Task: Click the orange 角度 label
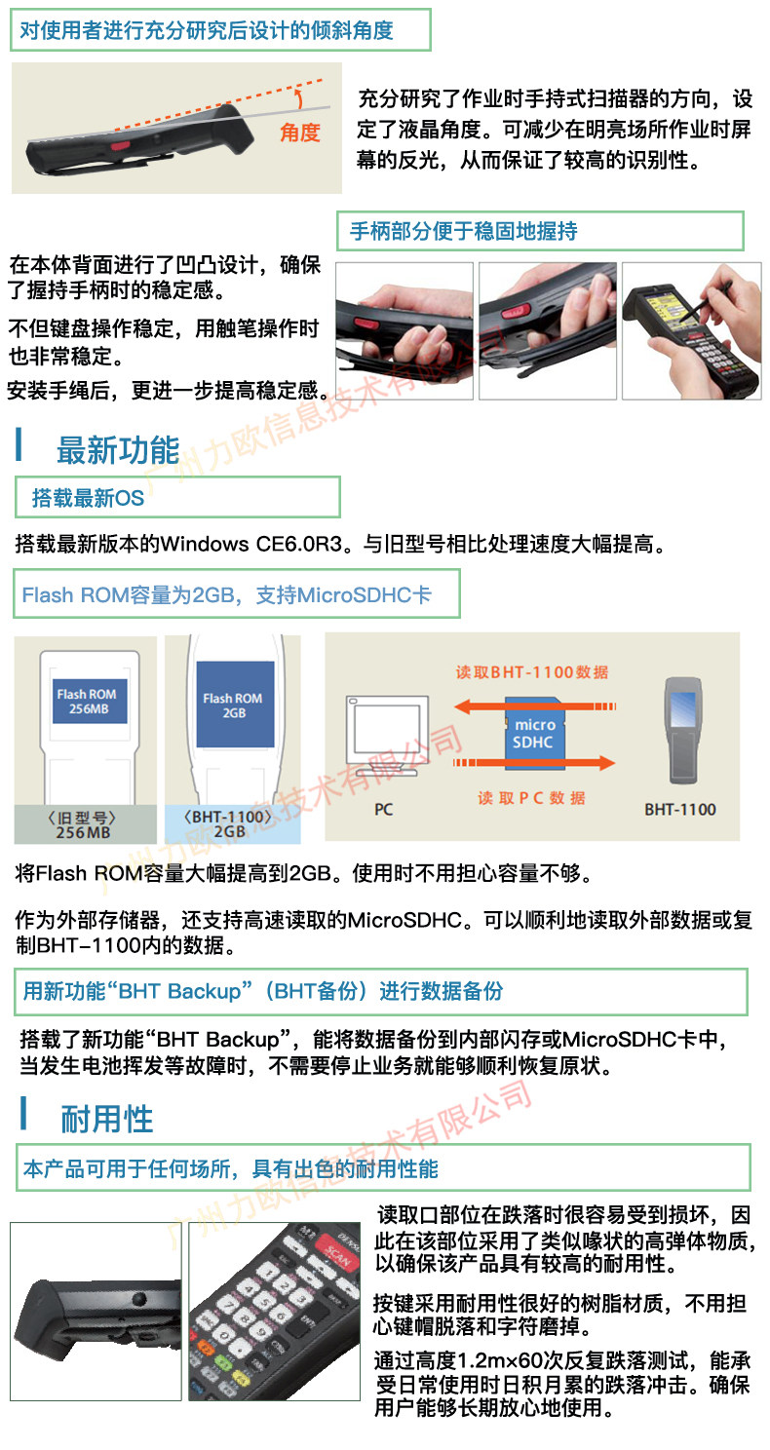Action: (299, 133)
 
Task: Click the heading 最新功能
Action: (118, 451)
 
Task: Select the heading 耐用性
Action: (107, 1119)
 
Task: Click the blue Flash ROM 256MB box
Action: (86, 702)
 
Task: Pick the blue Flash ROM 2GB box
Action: (233, 705)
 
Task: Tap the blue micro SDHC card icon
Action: (534, 733)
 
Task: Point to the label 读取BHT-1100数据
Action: (532, 671)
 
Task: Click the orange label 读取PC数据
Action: (532, 797)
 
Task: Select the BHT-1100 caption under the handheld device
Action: (679, 809)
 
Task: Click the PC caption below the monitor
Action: (383, 809)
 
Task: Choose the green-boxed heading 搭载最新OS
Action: (88, 498)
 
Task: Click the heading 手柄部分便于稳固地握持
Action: (463, 232)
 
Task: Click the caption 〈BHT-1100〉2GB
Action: (230, 824)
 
